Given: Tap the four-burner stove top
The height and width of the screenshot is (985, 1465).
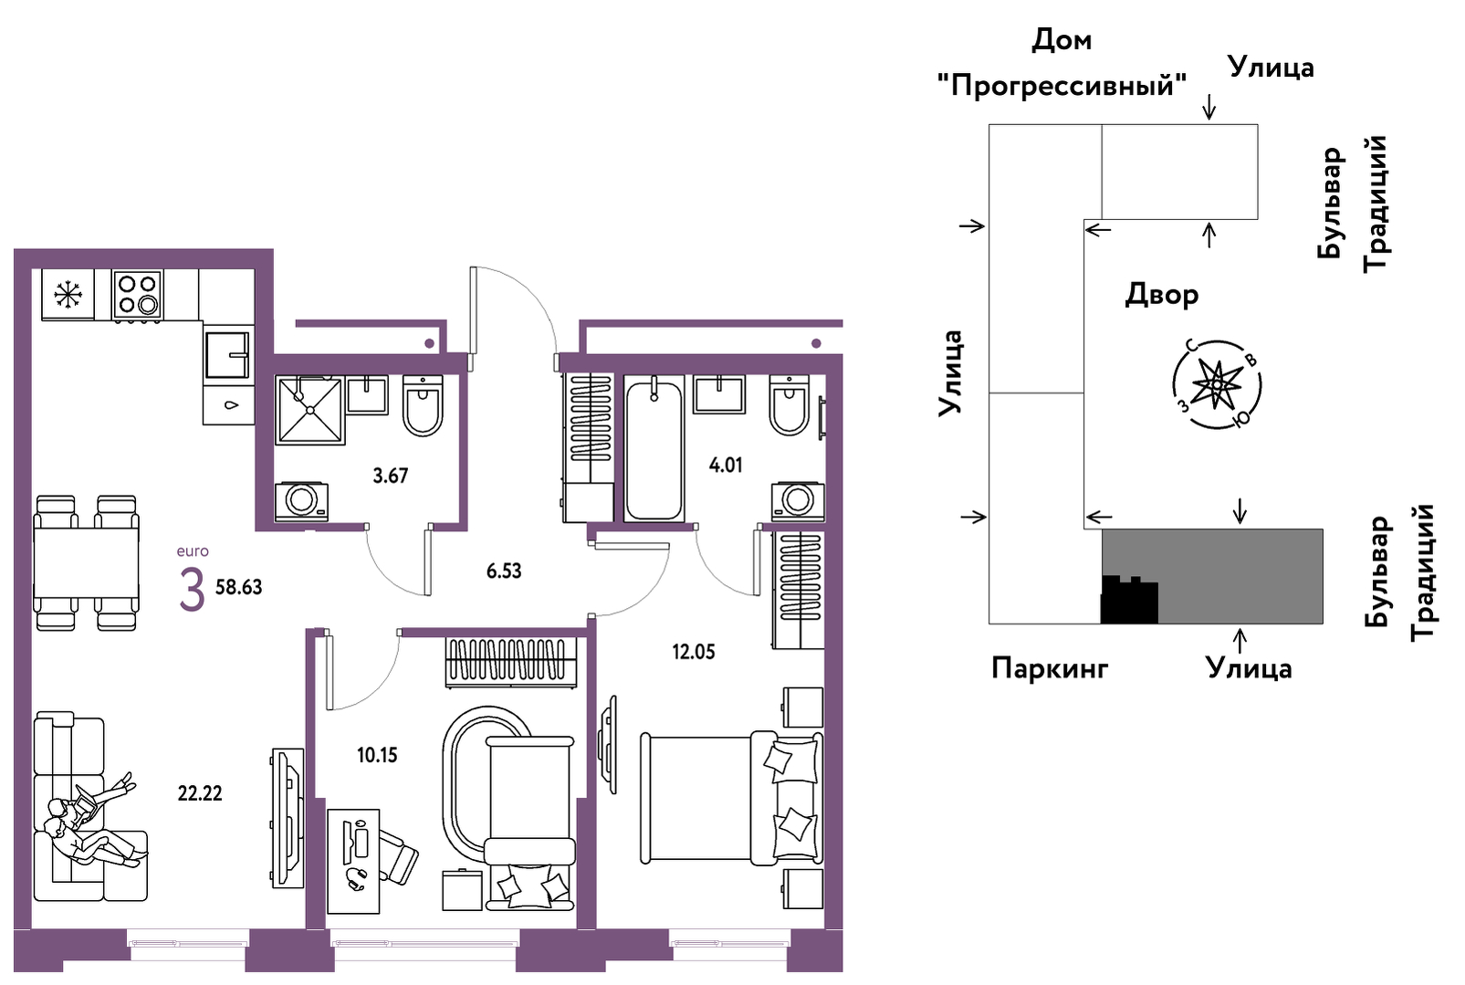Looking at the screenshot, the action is (138, 294).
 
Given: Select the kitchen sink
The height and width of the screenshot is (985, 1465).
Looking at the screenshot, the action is (227, 355).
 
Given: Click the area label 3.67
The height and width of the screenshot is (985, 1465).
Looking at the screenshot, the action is (391, 476).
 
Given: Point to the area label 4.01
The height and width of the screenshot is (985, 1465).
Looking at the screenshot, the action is (726, 465).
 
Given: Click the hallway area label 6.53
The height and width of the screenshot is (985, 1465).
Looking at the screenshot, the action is (504, 571).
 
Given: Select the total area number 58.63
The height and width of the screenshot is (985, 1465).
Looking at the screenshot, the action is (239, 587).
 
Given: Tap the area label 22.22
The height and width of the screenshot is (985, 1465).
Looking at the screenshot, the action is (200, 793).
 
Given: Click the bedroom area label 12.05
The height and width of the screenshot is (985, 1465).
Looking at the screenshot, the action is (694, 652).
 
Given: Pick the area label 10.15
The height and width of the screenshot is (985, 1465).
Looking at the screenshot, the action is (377, 756).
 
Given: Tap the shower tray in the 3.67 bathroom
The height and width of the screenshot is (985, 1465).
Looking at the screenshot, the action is (310, 410).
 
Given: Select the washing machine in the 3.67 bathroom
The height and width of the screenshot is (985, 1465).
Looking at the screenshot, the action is (301, 502).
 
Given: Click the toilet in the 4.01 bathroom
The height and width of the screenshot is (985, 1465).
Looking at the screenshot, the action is (790, 404).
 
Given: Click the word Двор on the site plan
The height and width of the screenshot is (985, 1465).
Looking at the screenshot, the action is (1162, 295).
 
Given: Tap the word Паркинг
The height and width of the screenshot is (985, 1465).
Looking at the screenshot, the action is (1050, 668).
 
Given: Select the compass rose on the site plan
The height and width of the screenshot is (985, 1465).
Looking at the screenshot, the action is (1217, 385).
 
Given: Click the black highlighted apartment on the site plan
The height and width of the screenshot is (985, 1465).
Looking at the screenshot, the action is (1129, 600).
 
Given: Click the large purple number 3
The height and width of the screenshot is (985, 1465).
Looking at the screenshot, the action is (193, 590).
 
